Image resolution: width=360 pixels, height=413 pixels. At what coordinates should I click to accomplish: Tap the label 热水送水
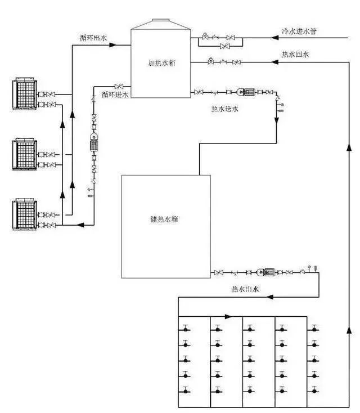tap(223, 109)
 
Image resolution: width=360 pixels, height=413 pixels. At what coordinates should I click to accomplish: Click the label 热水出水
tap(245, 289)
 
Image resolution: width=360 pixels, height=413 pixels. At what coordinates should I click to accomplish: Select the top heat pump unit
tap(24, 94)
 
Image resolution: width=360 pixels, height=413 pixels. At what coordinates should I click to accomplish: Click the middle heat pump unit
tap(24, 153)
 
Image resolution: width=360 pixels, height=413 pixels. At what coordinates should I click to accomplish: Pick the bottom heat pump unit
tap(24, 213)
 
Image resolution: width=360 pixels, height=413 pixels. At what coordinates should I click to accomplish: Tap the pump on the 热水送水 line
tap(247, 92)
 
